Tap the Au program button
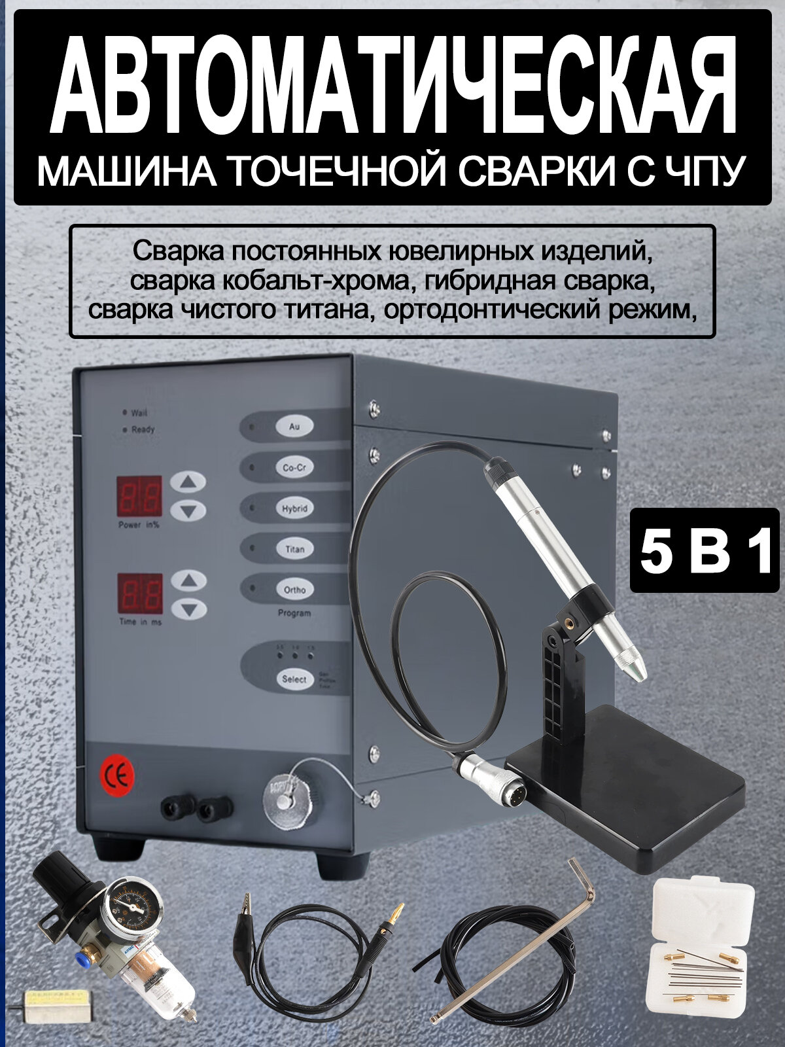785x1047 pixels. coord(294,426)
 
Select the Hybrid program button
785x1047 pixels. coord(294,508)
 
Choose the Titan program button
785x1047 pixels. coord(294,549)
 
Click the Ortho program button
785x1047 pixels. coord(294,590)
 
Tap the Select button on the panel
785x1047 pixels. coord(294,679)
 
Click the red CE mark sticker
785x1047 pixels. coord(117,776)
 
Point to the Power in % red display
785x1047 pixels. coord(139,496)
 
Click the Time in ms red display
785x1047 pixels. coord(139,594)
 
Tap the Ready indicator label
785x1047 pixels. coord(143,430)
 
